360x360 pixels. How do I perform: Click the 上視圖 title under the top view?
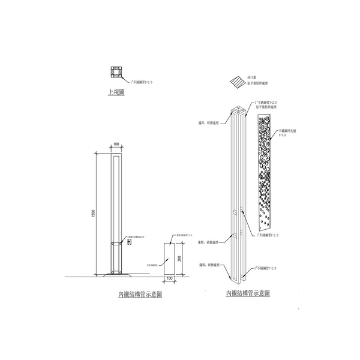click(116, 92)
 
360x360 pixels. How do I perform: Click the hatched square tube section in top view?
click(115, 73)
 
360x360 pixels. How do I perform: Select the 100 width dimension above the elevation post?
click(116, 145)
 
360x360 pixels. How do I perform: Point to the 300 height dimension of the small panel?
click(179, 259)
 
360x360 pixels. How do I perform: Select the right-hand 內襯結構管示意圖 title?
click(248, 293)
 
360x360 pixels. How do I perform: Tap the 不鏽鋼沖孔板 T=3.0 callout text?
click(289, 133)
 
